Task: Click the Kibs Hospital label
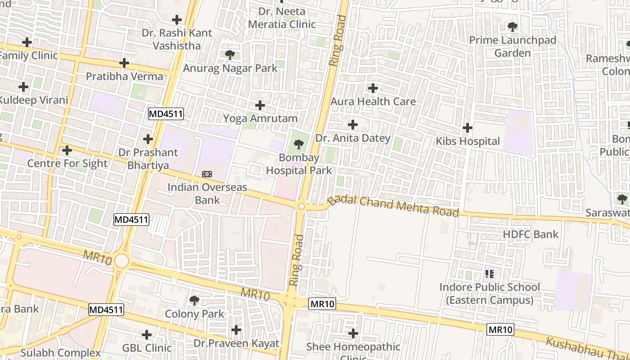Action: [468, 141]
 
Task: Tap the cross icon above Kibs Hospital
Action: [468, 128]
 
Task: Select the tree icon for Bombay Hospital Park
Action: [298, 144]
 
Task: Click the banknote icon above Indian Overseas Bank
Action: [207, 174]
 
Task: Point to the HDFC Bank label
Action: [530, 234]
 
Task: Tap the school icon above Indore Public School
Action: [490, 274]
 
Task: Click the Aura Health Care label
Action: [373, 101]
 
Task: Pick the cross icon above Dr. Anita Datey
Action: [353, 124]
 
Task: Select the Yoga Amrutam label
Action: [260, 118]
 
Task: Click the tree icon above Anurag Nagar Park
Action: [229, 55]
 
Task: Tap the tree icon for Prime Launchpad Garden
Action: [512, 27]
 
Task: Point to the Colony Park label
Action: [194, 314]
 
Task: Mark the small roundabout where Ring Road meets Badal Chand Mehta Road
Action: [301, 206]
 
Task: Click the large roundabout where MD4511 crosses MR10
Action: [121, 260]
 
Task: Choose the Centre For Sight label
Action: [67, 163]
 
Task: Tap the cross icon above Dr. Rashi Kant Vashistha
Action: [177, 20]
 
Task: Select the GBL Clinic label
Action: [147, 348]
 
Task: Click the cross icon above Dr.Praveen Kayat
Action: [236, 330]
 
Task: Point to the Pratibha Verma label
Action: [124, 76]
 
